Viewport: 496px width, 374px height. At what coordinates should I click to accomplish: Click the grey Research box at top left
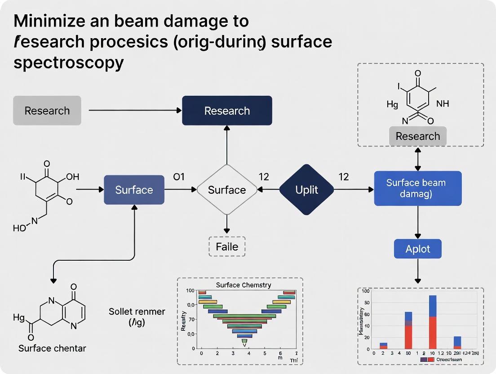point(47,111)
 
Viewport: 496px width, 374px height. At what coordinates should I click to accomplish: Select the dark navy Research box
point(227,111)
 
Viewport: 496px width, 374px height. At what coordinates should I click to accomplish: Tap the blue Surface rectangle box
point(134,190)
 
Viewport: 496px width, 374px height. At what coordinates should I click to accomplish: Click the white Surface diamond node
point(227,190)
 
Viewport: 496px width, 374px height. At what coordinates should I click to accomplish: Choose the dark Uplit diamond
point(306,190)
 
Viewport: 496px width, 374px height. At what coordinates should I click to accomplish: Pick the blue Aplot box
point(417,249)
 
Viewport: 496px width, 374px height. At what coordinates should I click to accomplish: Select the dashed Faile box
point(227,247)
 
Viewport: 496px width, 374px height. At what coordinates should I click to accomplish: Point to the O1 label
point(179,177)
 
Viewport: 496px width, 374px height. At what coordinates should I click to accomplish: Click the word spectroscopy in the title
point(68,62)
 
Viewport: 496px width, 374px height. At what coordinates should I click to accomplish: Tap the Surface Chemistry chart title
point(243,285)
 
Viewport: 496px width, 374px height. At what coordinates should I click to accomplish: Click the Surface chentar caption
point(52,348)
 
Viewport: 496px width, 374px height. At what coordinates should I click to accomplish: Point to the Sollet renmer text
point(137,312)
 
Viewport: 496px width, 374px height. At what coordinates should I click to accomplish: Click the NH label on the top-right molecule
point(442,104)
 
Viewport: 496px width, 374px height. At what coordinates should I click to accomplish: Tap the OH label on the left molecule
point(72,177)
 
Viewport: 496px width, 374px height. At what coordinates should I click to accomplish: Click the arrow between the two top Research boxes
point(135,111)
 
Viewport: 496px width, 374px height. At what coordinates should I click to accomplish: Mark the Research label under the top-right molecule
point(417,136)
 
